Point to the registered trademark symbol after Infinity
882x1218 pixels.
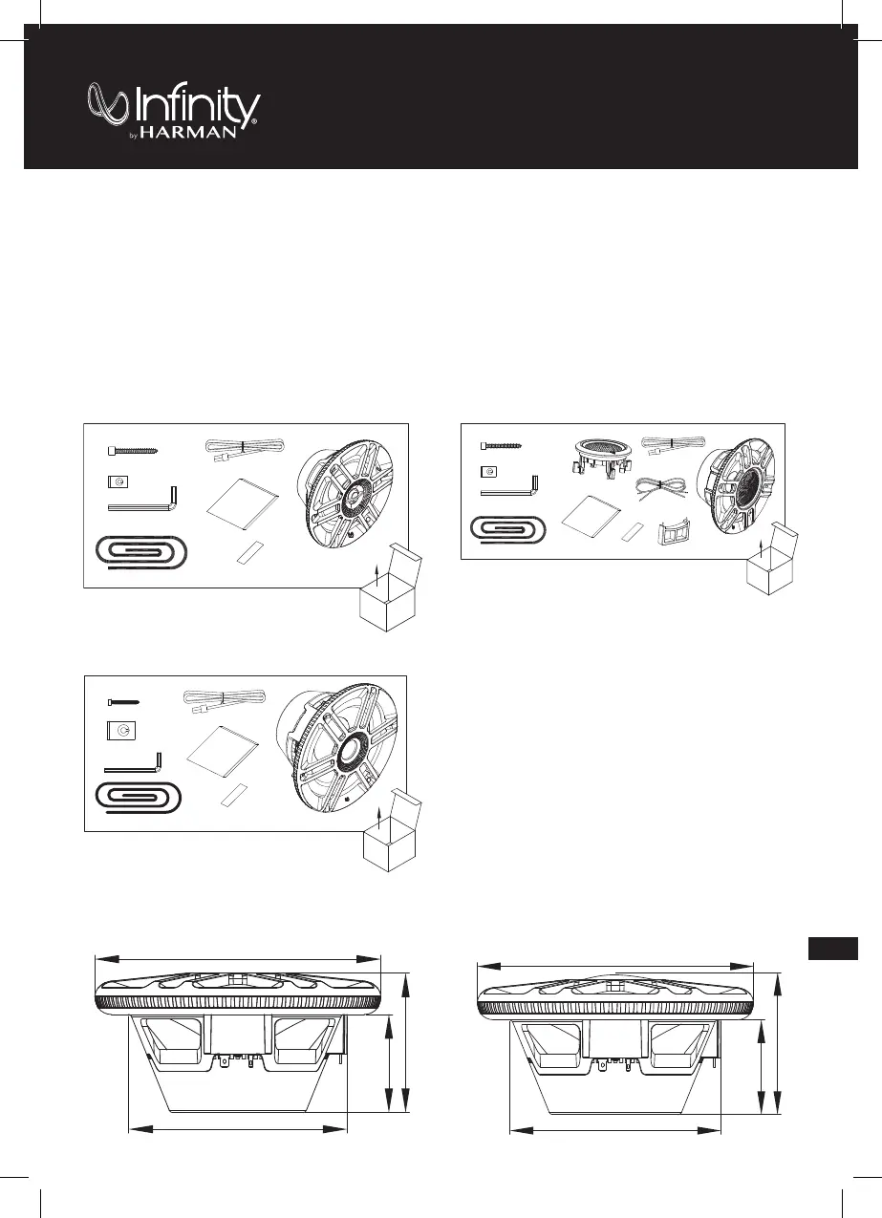pyautogui.click(x=255, y=122)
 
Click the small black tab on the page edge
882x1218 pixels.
pyautogui.click(x=829, y=949)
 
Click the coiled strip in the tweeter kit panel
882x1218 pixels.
pyautogui.click(x=509, y=529)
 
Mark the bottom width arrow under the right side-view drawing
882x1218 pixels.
pyautogui.click(x=614, y=1130)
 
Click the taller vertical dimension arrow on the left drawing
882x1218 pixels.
pyautogui.click(x=408, y=1041)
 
